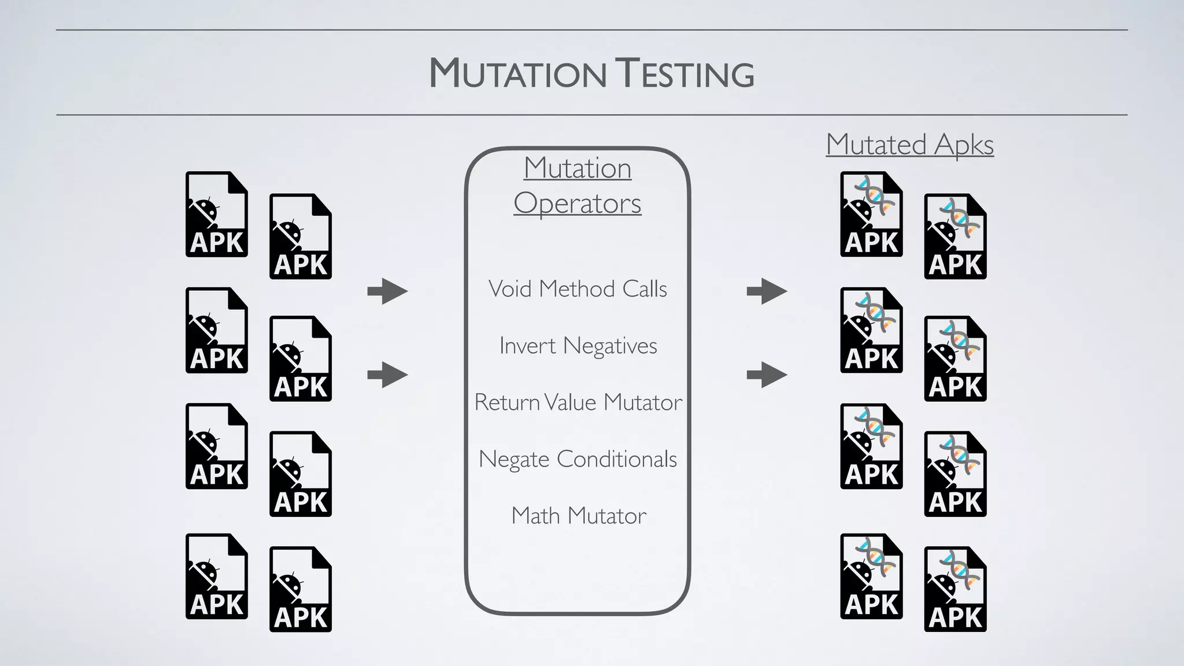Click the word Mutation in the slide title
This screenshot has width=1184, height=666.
517,74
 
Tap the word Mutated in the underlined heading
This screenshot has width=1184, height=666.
876,145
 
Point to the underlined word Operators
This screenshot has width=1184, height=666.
577,203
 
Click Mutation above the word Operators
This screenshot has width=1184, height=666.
577,168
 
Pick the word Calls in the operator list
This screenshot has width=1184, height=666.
645,288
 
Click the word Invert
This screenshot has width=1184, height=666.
527,346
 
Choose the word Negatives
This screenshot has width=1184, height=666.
610,346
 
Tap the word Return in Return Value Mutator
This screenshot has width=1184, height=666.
507,402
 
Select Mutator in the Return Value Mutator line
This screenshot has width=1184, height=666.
642,402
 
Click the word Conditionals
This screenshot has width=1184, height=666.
617,460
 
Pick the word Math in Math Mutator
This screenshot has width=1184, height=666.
535,516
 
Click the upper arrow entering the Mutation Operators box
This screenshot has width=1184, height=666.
387,291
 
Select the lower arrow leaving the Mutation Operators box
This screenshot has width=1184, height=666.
767,375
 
